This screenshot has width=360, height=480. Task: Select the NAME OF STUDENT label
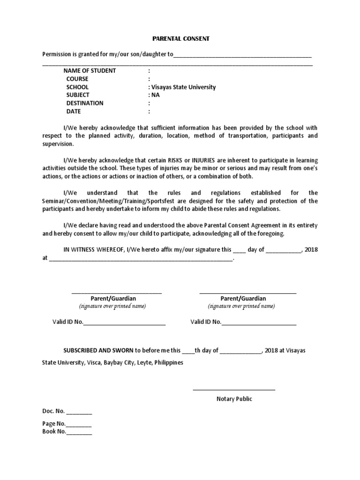click(x=90, y=71)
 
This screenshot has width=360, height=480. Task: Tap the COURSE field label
click(x=77, y=79)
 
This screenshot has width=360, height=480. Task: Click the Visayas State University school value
click(x=183, y=87)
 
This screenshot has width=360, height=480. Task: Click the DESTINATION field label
click(x=85, y=103)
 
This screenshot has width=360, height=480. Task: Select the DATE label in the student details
click(x=74, y=112)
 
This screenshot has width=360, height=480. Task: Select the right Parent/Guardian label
click(x=243, y=299)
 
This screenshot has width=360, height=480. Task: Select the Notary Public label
click(x=234, y=399)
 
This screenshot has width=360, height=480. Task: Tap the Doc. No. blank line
click(x=79, y=413)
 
